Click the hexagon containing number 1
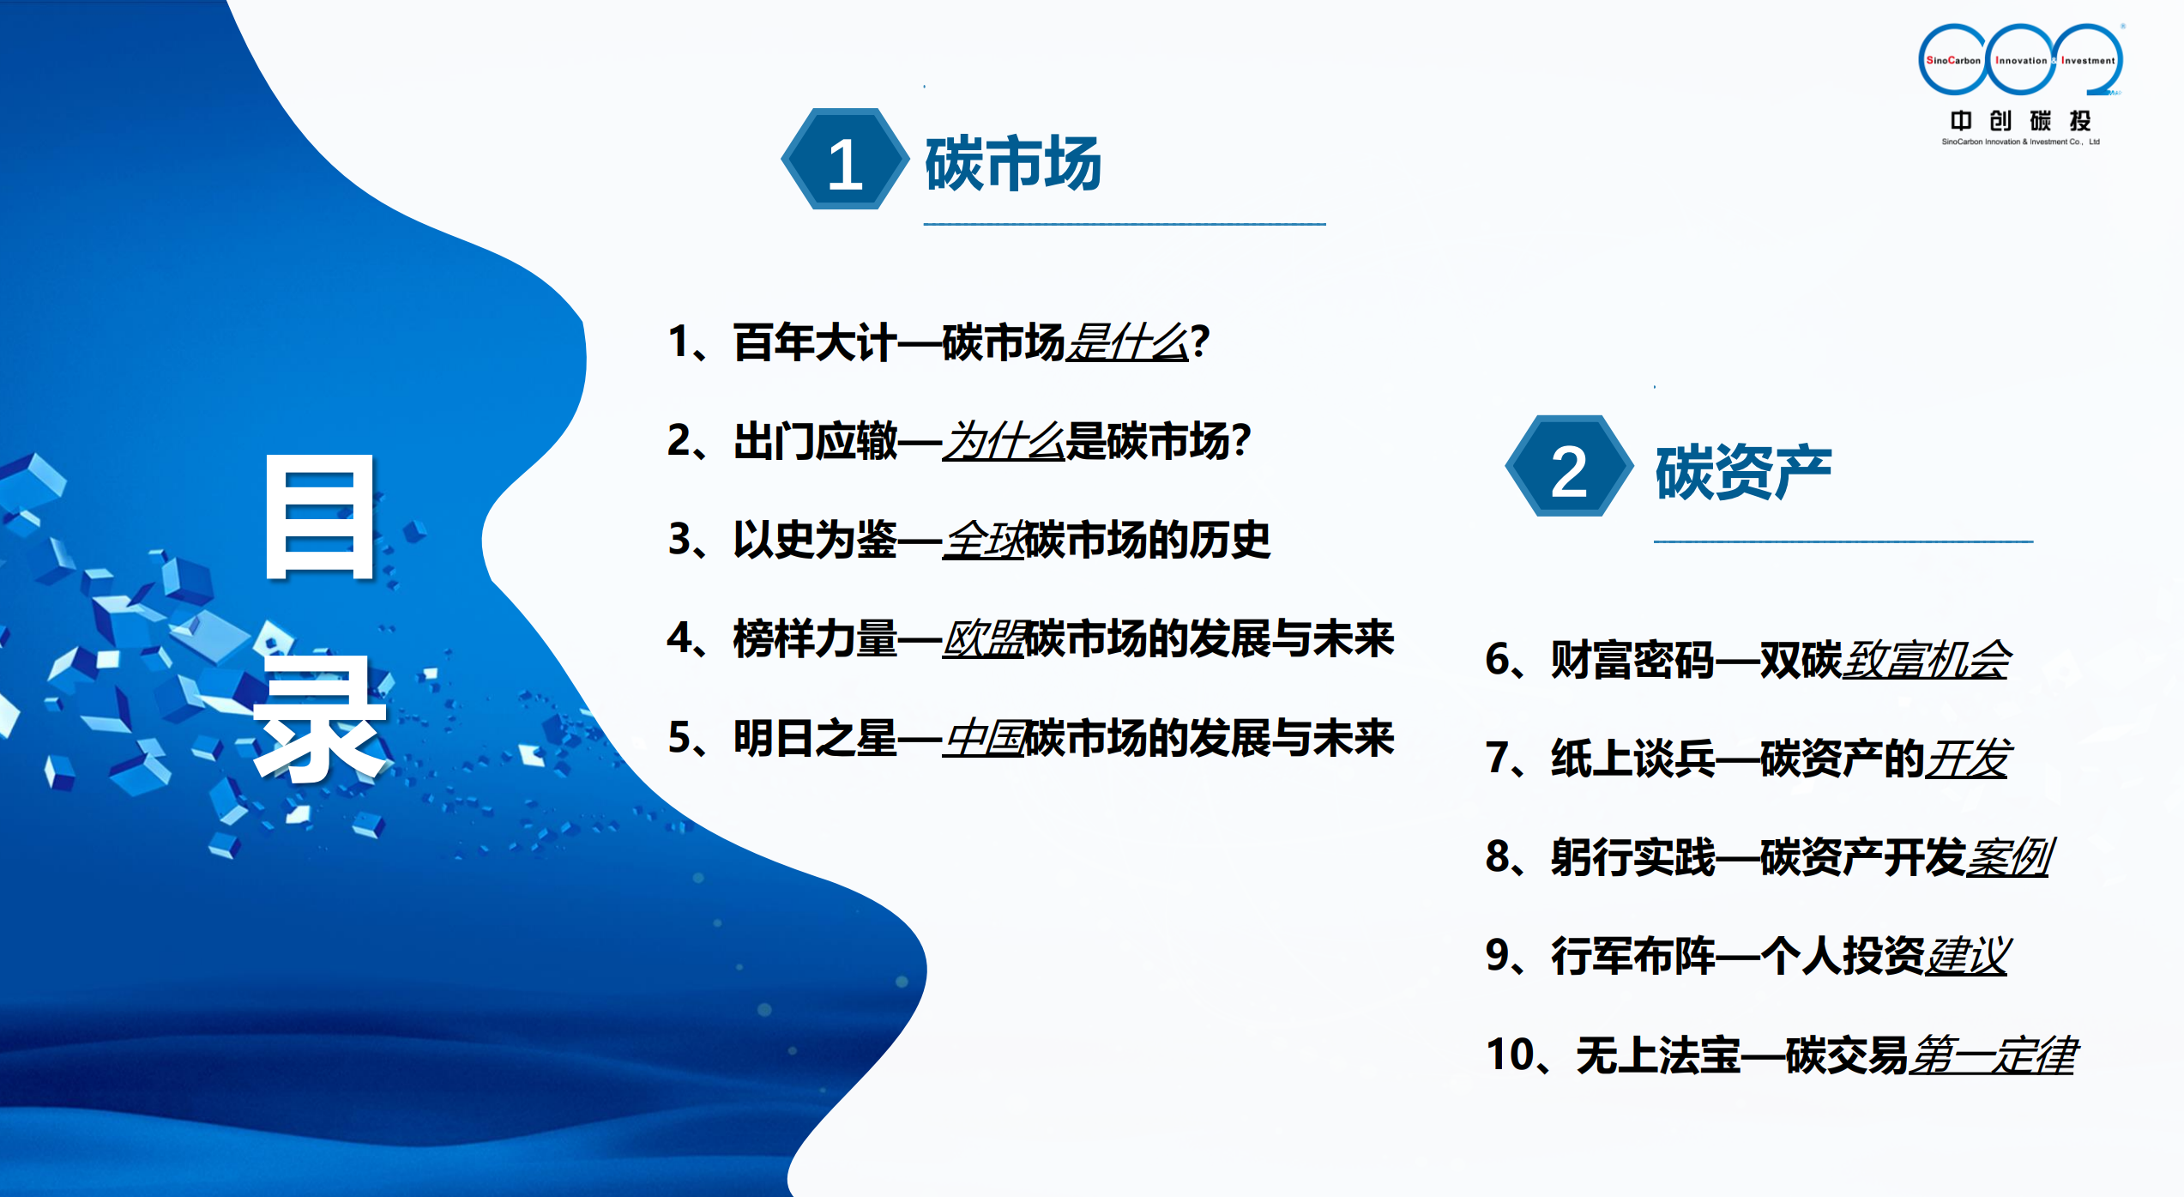[x=845, y=159]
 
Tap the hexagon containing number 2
[x=1569, y=466]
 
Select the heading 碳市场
[x=1013, y=163]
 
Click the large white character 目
[x=320, y=517]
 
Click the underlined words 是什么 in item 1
[x=1127, y=342]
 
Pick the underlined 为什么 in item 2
[x=1004, y=441]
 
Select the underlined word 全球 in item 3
[x=984, y=540]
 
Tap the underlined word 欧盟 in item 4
[x=984, y=638]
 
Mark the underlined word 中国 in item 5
[x=984, y=738]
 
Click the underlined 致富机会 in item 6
[x=1926, y=660]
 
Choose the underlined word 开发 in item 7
[x=1966, y=759]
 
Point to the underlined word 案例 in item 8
[x=2008, y=857]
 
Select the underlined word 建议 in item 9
[x=1966, y=956]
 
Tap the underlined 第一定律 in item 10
[x=1993, y=1055]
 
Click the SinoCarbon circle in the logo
[x=1953, y=59]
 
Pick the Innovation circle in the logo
[x=2020, y=59]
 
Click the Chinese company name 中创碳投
[x=2020, y=120]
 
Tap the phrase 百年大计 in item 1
[x=815, y=342]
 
